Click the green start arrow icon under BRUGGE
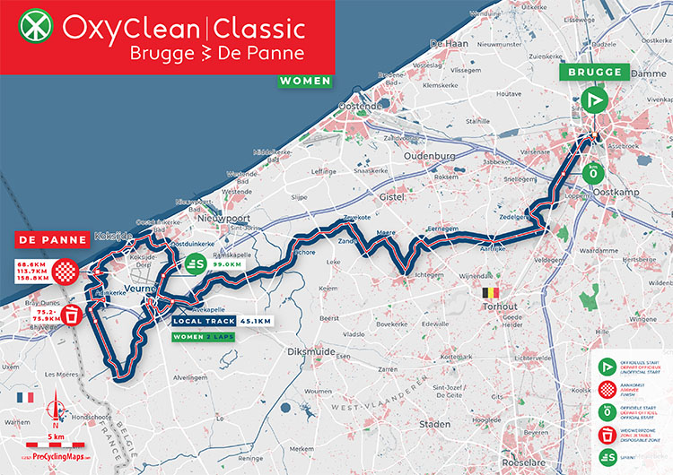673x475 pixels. click(x=592, y=99)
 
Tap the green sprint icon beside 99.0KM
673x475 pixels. click(x=194, y=263)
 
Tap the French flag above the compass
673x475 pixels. click(x=24, y=397)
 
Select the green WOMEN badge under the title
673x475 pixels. click(x=304, y=81)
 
